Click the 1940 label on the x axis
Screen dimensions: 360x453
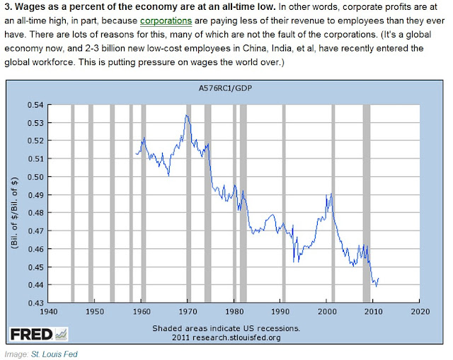pyautogui.click(x=48, y=310)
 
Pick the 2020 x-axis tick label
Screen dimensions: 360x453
pyautogui.click(x=420, y=310)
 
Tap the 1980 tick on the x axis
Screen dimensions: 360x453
pyautogui.click(x=234, y=310)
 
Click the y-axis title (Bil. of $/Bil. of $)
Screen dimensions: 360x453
pyautogui.click(x=14, y=204)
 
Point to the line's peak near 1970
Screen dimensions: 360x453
pyautogui.click(x=187, y=115)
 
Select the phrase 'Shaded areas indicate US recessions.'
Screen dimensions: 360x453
pyautogui.click(x=226, y=329)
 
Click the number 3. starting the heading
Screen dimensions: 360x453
pyautogui.click(x=9, y=6)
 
